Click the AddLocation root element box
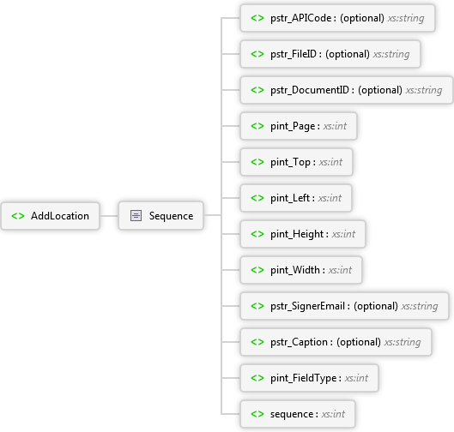click(x=51, y=216)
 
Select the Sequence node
click(x=161, y=216)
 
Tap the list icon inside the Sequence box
click(x=136, y=216)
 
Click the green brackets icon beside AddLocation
click(x=18, y=216)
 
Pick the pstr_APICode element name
click(x=301, y=18)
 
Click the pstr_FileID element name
click(x=294, y=54)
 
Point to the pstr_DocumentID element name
click(x=310, y=90)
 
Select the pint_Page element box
click(x=299, y=126)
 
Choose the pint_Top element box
click(x=296, y=162)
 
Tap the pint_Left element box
click(x=296, y=198)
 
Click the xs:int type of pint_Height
click(x=343, y=234)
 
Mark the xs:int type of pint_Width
click(x=340, y=270)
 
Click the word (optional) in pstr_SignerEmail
click(x=376, y=306)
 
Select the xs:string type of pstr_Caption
click(x=403, y=342)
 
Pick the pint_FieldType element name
click(x=304, y=378)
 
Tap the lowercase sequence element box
click(x=298, y=414)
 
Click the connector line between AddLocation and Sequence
click(x=109, y=216)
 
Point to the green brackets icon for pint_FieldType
click(x=257, y=378)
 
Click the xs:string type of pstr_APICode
click(x=406, y=18)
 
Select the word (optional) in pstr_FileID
click(x=348, y=54)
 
